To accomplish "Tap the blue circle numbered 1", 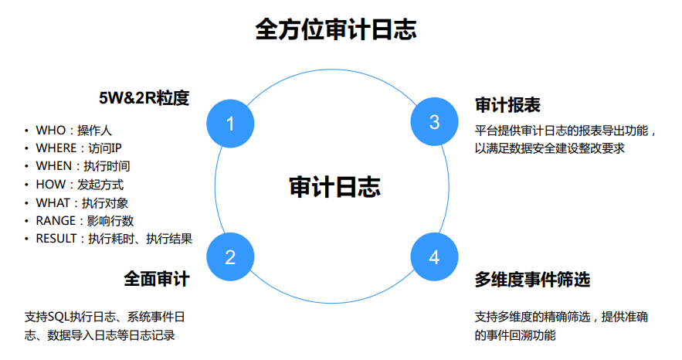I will [230, 123].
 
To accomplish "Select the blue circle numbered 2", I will [230, 257].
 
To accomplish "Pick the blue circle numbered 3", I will [435, 122].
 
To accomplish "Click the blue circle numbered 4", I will [434, 257].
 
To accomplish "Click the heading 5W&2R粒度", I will [144, 99].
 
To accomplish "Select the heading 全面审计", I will [157, 278].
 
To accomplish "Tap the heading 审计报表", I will [507, 105].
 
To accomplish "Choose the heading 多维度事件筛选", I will [533, 279].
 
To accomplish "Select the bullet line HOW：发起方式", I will [80, 185].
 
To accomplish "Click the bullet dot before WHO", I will [25, 130].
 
